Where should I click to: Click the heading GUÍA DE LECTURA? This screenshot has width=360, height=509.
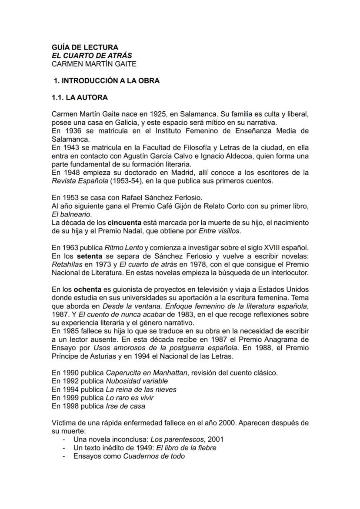coord(84,47)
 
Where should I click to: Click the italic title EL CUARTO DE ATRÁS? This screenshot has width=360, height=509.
coord(92,55)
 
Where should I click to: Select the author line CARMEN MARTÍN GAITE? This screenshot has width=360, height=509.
coord(94,64)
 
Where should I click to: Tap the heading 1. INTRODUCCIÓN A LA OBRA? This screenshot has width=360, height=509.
coord(107,80)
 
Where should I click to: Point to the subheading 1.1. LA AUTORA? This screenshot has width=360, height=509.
coord(80,97)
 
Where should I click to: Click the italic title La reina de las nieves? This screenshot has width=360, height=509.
coord(141,389)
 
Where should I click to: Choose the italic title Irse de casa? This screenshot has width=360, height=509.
coord(126,406)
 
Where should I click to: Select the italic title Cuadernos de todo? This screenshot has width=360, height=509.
coord(154,456)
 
